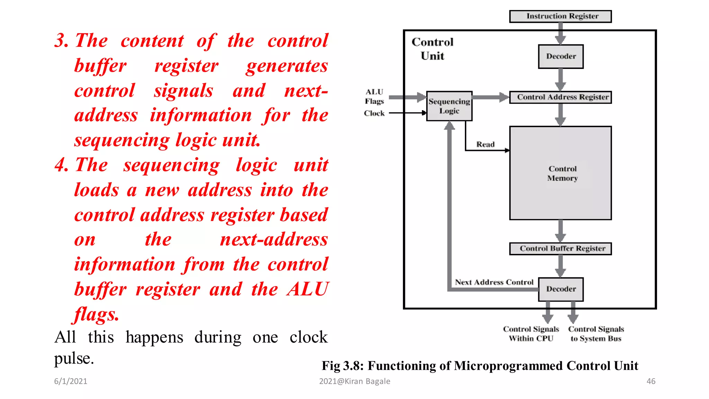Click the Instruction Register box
(x=560, y=16)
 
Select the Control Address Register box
(x=560, y=97)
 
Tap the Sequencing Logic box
(x=449, y=106)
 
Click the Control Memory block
(x=560, y=173)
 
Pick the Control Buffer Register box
(x=560, y=249)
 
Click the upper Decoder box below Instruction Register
(x=560, y=56)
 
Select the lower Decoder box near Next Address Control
(x=560, y=289)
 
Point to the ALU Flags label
(x=374, y=97)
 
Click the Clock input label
(x=374, y=113)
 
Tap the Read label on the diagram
(x=485, y=144)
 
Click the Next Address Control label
(x=494, y=282)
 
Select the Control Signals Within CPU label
(x=531, y=334)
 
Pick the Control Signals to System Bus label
(x=596, y=334)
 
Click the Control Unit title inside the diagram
(x=432, y=49)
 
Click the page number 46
(x=651, y=381)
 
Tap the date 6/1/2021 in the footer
(x=71, y=381)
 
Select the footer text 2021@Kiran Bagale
(x=354, y=381)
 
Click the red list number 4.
(x=61, y=165)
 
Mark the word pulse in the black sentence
(x=74, y=358)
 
